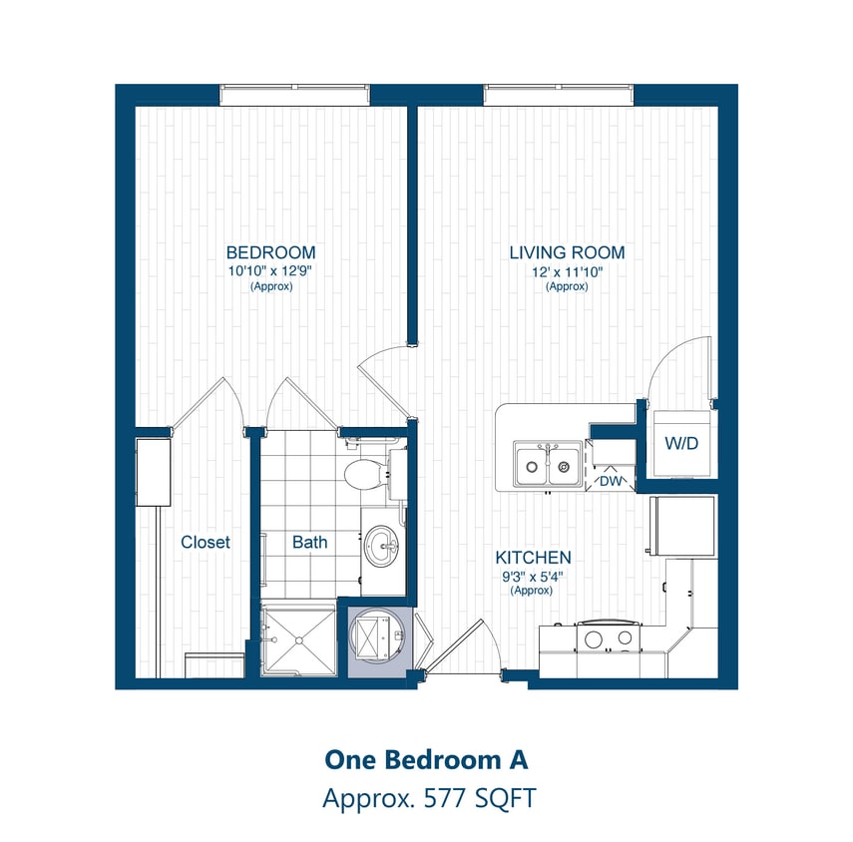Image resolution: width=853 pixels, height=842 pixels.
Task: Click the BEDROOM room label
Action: click(270, 252)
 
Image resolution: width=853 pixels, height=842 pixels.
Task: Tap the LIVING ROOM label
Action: click(567, 252)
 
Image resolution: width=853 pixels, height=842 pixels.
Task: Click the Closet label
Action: click(206, 543)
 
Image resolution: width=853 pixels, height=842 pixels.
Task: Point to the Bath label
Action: click(309, 543)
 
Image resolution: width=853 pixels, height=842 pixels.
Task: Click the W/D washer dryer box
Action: click(683, 442)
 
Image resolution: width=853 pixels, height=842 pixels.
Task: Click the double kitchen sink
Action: click(548, 465)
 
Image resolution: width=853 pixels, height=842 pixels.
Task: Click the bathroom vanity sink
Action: click(382, 546)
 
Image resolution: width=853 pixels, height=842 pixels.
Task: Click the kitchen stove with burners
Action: click(607, 638)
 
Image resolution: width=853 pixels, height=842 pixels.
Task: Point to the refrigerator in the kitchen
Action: click(683, 526)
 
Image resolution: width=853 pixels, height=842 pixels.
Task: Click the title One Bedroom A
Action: click(426, 759)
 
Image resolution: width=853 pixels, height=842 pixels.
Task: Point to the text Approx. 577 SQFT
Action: click(426, 798)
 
